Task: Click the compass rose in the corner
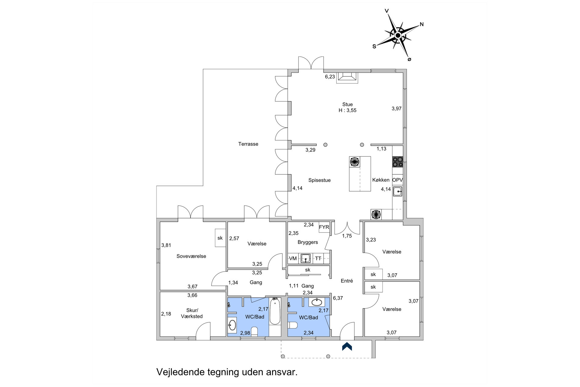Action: tap(398, 36)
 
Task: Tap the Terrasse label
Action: tap(248, 144)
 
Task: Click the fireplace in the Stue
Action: tap(347, 78)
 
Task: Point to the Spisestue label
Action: tap(319, 180)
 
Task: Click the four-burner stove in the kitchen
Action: tap(397, 162)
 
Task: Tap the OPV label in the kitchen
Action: tap(397, 180)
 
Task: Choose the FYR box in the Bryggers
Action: tap(324, 227)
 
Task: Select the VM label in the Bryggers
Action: tap(293, 258)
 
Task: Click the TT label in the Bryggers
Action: tap(318, 258)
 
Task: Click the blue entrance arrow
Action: tap(347, 346)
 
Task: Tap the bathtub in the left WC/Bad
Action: tap(275, 311)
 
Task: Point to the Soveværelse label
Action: tap(191, 256)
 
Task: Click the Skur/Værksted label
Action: tap(192, 313)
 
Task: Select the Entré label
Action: tap(347, 281)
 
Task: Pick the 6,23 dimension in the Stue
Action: tap(330, 77)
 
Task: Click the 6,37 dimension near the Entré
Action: tap(338, 298)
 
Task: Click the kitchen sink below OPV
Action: tap(397, 192)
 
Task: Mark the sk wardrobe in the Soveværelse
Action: tap(220, 238)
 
